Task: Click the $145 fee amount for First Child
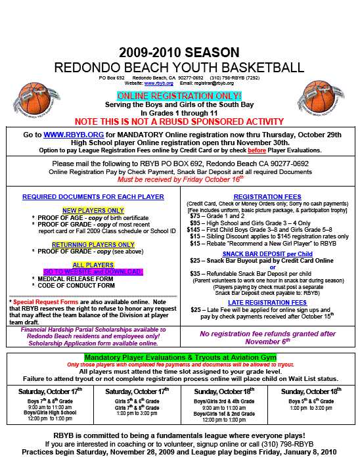tap(194, 229)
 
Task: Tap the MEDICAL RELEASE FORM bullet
tap(76, 278)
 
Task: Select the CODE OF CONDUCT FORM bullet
tap(76, 286)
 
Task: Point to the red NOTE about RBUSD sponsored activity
tap(179, 122)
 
